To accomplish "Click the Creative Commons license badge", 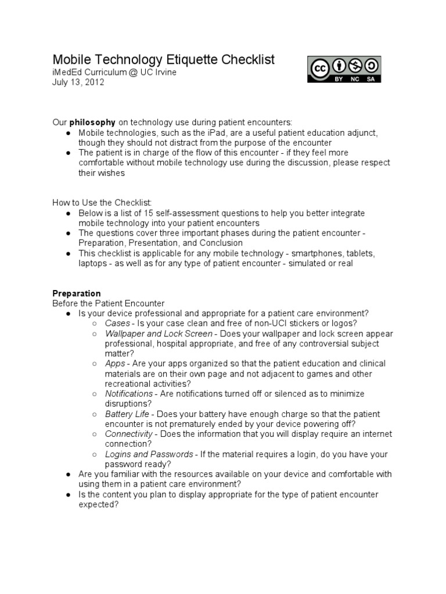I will point(344,69).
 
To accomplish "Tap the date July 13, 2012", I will point(78,82).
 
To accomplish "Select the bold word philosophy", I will point(92,122).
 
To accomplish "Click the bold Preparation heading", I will point(77,294).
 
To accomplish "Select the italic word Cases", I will point(118,323).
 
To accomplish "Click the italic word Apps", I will point(115,364).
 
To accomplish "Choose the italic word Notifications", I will point(129,394).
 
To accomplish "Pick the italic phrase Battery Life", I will point(127,414).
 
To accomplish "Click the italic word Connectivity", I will point(129,434).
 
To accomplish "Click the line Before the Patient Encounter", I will point(109,303).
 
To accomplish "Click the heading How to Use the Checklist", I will point(102,202).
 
